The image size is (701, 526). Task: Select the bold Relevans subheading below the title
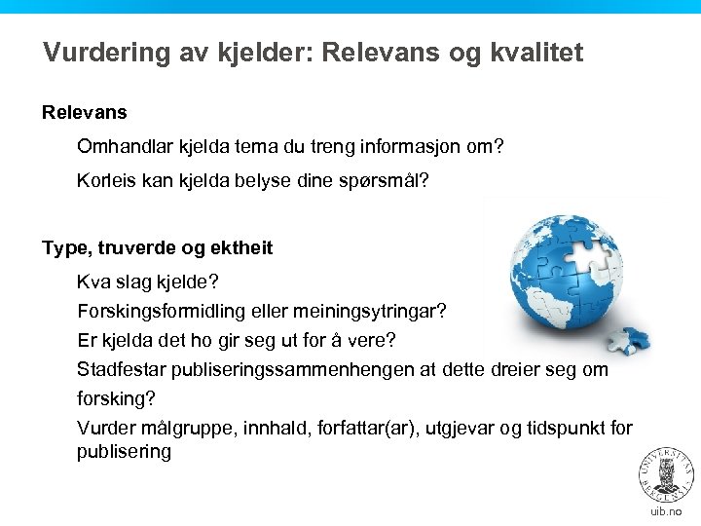tap(85, 113)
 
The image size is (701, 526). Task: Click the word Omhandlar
tap(125, 147)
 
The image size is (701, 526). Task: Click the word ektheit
tap(240, 247)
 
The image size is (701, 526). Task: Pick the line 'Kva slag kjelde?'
tap(148, 282)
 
